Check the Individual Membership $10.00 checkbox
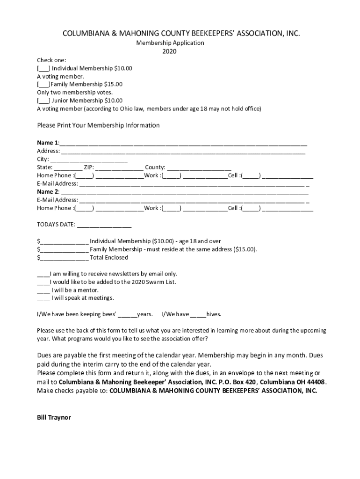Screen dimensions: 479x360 coord(44,68)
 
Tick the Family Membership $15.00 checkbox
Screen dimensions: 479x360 coord(44,84)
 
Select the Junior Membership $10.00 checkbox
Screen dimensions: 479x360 coord(44,101)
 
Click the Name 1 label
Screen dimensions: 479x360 coord(48,142)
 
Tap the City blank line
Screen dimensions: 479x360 coord(88,160)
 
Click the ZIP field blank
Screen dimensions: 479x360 coord(120,167)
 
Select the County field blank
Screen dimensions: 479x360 coord(199,167)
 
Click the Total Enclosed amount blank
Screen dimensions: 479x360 coord(65,258)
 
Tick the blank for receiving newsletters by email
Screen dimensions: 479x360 coord(43,274)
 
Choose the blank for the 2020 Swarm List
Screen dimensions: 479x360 coord(43,282)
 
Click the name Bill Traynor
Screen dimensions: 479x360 coord(54,418)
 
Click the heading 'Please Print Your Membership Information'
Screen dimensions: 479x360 coord(98,125)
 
